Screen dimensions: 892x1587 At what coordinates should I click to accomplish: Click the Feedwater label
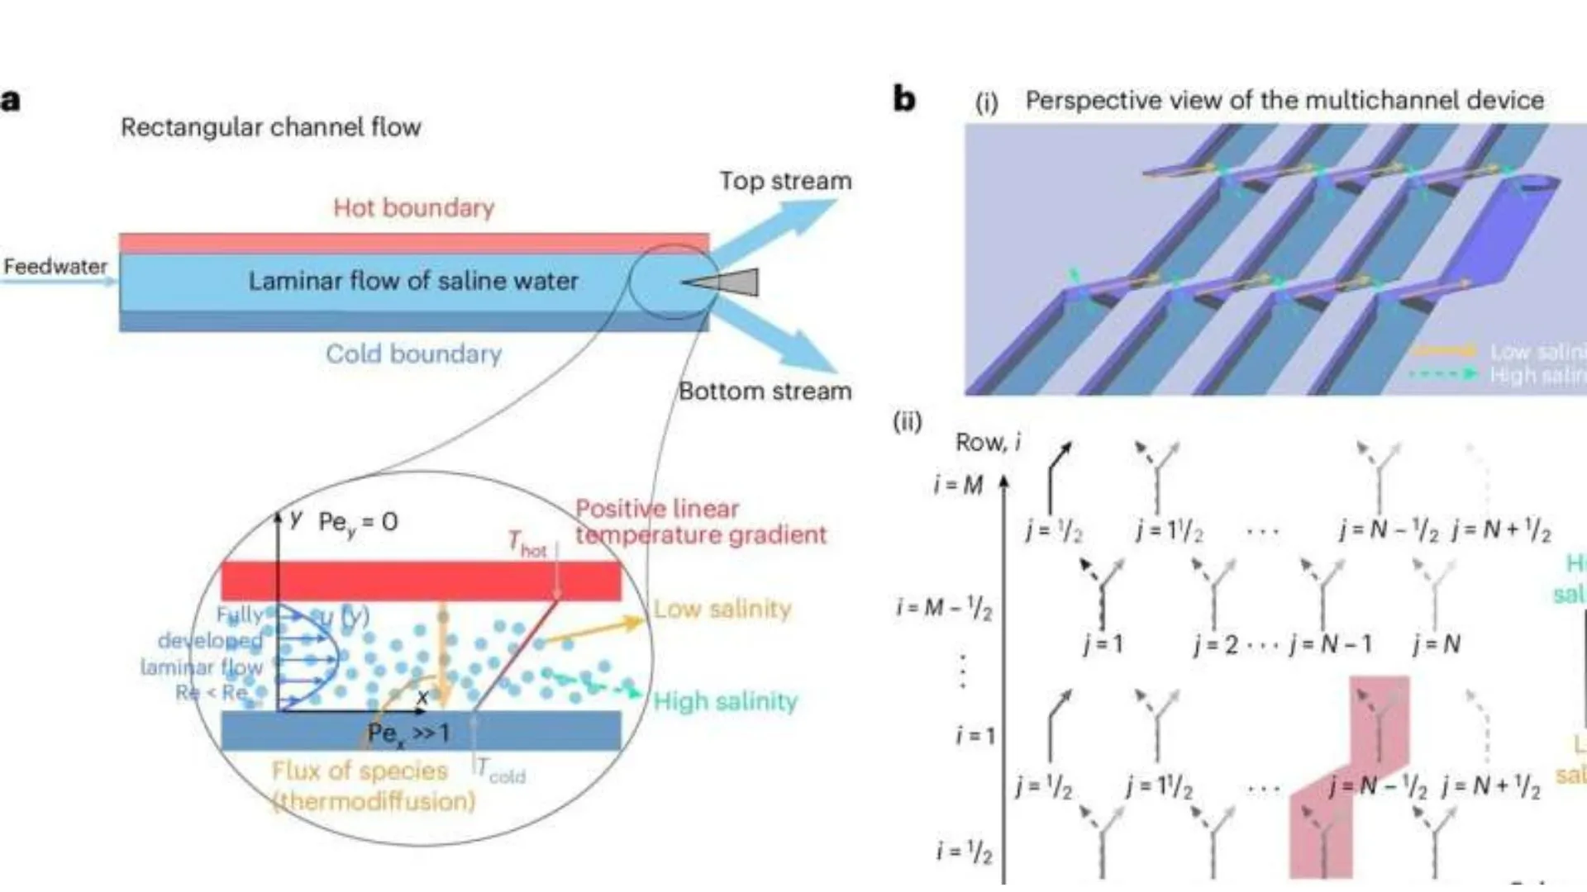tap(55, 267)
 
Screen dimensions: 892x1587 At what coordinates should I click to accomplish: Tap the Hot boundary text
tap(413, 207)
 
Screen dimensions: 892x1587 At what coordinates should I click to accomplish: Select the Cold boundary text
tap(413, 353)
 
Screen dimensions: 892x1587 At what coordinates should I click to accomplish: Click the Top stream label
tap(784, 181)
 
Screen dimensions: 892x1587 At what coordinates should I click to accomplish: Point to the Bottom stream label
tap(765, 391)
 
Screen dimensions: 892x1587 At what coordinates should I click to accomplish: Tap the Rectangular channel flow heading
tap(271, 127)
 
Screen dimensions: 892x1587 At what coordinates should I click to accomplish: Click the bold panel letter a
tap(11, 100)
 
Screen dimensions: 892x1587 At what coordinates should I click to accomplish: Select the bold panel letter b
tap(904, 99)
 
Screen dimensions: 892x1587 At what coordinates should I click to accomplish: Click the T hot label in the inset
tap(527, 545)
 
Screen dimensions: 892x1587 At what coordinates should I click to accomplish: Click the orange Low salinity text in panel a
tap(722, 609)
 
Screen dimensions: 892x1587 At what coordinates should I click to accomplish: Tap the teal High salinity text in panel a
tap(726, 701)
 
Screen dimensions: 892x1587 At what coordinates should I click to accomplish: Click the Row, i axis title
tap(988, 443)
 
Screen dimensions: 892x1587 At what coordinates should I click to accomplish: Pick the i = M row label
tap(958, 485)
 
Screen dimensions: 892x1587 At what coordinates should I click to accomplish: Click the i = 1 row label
tap(975, 734)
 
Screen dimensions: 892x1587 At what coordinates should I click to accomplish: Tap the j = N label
tap(1437, 643)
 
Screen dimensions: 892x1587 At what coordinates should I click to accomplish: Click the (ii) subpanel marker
tap(907, 422)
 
